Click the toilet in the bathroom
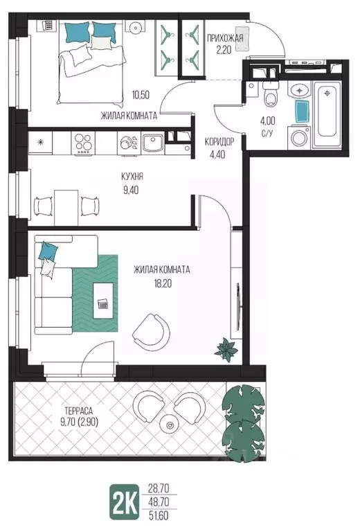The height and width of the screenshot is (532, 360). coord(270,94)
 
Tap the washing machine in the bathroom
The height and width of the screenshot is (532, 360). coord(298,137)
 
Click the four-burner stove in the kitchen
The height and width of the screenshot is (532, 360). coord(83,143)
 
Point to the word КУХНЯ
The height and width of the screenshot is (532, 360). coord(132,177)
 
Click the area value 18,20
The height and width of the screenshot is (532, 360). coord(163,283)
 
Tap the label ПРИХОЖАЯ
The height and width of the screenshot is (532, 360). coord(225,38)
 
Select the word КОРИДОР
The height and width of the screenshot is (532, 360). coord(219,142)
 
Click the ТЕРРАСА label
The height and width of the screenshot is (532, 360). coord(78,411)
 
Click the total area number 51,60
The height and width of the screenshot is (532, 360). coord(159,515)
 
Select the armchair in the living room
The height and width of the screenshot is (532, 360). coord(151,332)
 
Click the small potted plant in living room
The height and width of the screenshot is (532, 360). coord(226,349)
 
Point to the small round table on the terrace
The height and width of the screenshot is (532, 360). coord(170,424)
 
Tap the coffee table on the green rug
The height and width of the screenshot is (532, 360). coord(103,300)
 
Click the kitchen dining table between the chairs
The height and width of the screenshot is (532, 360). coord(66,208)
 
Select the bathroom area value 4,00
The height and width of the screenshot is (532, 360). coord(267,121)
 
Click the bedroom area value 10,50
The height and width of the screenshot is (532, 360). coord(141,95)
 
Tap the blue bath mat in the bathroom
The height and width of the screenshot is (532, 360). coord(302,112)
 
